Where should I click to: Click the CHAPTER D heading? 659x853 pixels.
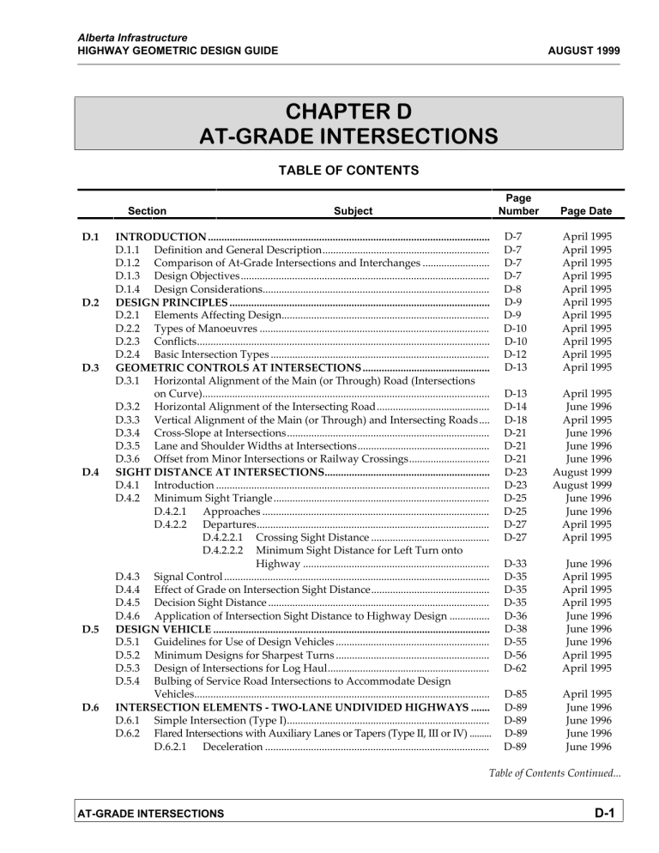pos(329,112)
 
